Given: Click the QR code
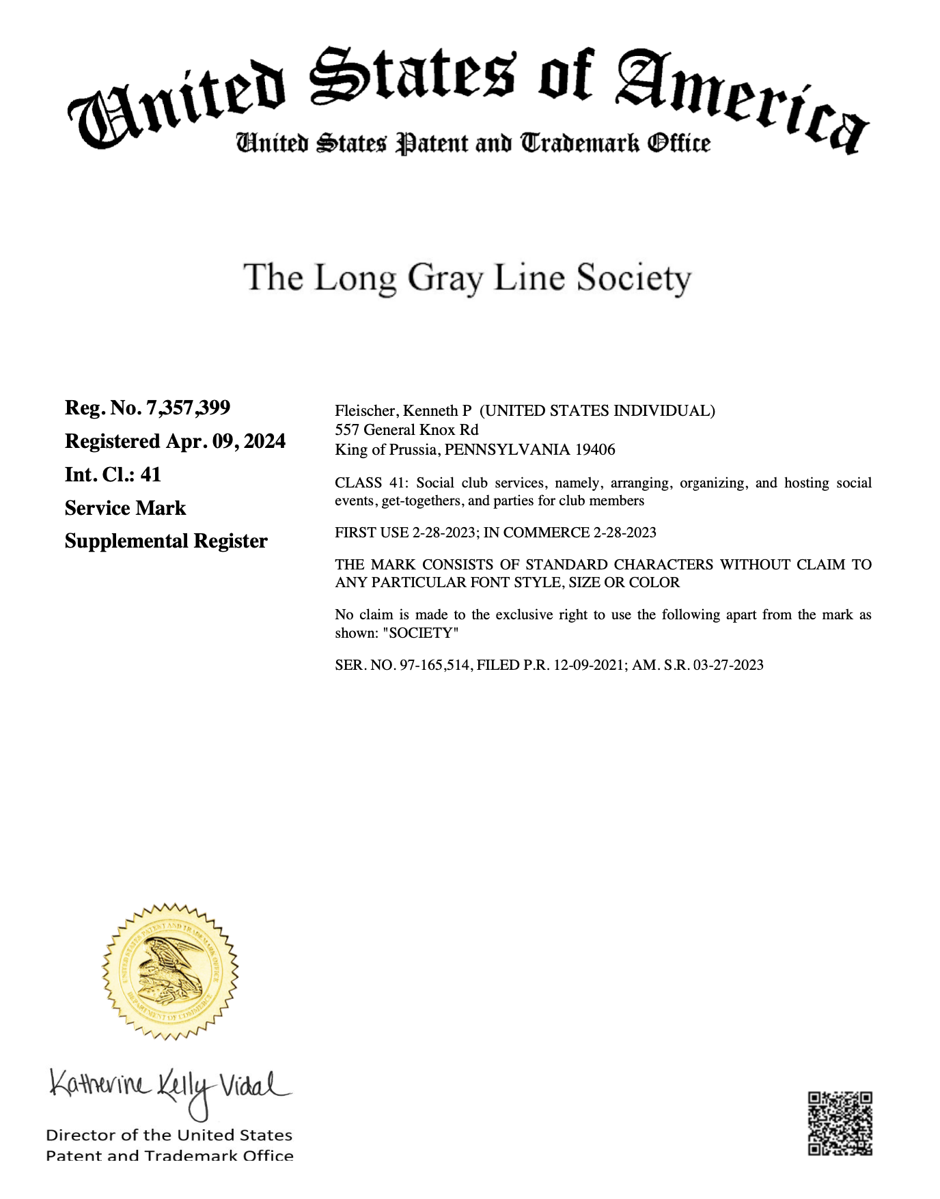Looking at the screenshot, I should [x=840, y=1123].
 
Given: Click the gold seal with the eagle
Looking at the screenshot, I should [x=170, y=971].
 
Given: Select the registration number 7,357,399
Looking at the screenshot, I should [x=188, y=408].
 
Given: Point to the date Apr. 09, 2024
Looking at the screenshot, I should [x=225, y=441].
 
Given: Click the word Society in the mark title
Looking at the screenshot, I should [x=633, y=279].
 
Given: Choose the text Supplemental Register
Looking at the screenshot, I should [x=166, y=541].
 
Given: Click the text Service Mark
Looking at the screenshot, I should [x=125, y=508].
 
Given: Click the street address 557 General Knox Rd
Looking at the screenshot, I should [x=406, y=429].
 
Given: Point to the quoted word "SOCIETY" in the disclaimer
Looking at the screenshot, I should [x=420, y=633].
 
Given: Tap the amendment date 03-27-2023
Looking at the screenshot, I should [x=728, y=665].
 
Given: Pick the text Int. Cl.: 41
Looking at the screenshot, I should [x=113, y=475].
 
